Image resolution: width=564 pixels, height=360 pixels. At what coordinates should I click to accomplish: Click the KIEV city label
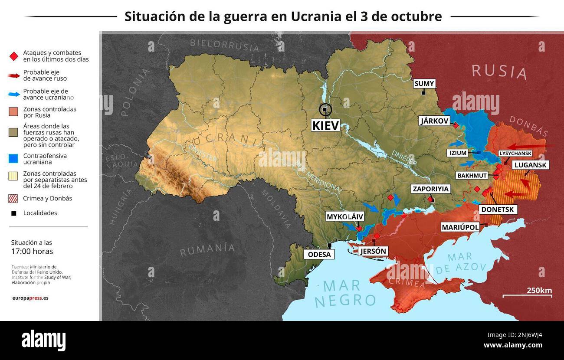click(325, 125)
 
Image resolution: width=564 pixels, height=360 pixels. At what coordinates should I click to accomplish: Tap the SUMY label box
click(424, 84)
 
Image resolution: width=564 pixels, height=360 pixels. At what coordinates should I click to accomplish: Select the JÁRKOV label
click(434, 121)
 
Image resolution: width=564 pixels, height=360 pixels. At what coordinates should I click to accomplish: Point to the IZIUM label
click(458, 153)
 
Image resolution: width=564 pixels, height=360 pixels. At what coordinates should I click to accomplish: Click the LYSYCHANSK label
click(515, 154)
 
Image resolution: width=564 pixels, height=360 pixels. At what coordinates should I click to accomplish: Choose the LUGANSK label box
click(531, 165)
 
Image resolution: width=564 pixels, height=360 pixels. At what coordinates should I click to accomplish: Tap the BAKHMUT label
click(472, 176)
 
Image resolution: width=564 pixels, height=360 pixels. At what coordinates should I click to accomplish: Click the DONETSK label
click(497, 209)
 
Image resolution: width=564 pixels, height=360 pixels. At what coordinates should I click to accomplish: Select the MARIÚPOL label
click(460, 227)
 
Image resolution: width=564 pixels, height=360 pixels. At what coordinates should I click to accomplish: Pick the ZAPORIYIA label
click(431, 189)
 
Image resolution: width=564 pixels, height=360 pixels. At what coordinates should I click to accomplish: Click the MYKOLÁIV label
click(345, 217)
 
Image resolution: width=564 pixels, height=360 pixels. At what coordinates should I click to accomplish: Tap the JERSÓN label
click(373, 251)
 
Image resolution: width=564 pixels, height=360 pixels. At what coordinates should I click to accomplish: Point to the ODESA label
click(319, 255)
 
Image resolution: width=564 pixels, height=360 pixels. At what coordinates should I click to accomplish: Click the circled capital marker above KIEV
click(325, 110)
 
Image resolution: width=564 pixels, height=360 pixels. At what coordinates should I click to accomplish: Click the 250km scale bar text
click(539, 290)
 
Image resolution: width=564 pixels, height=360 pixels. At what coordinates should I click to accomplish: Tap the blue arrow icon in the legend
click(14, 94)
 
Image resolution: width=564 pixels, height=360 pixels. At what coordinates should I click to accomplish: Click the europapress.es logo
click(30, 298)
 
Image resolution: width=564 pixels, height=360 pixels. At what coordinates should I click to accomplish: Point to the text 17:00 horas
click(32, 251)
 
